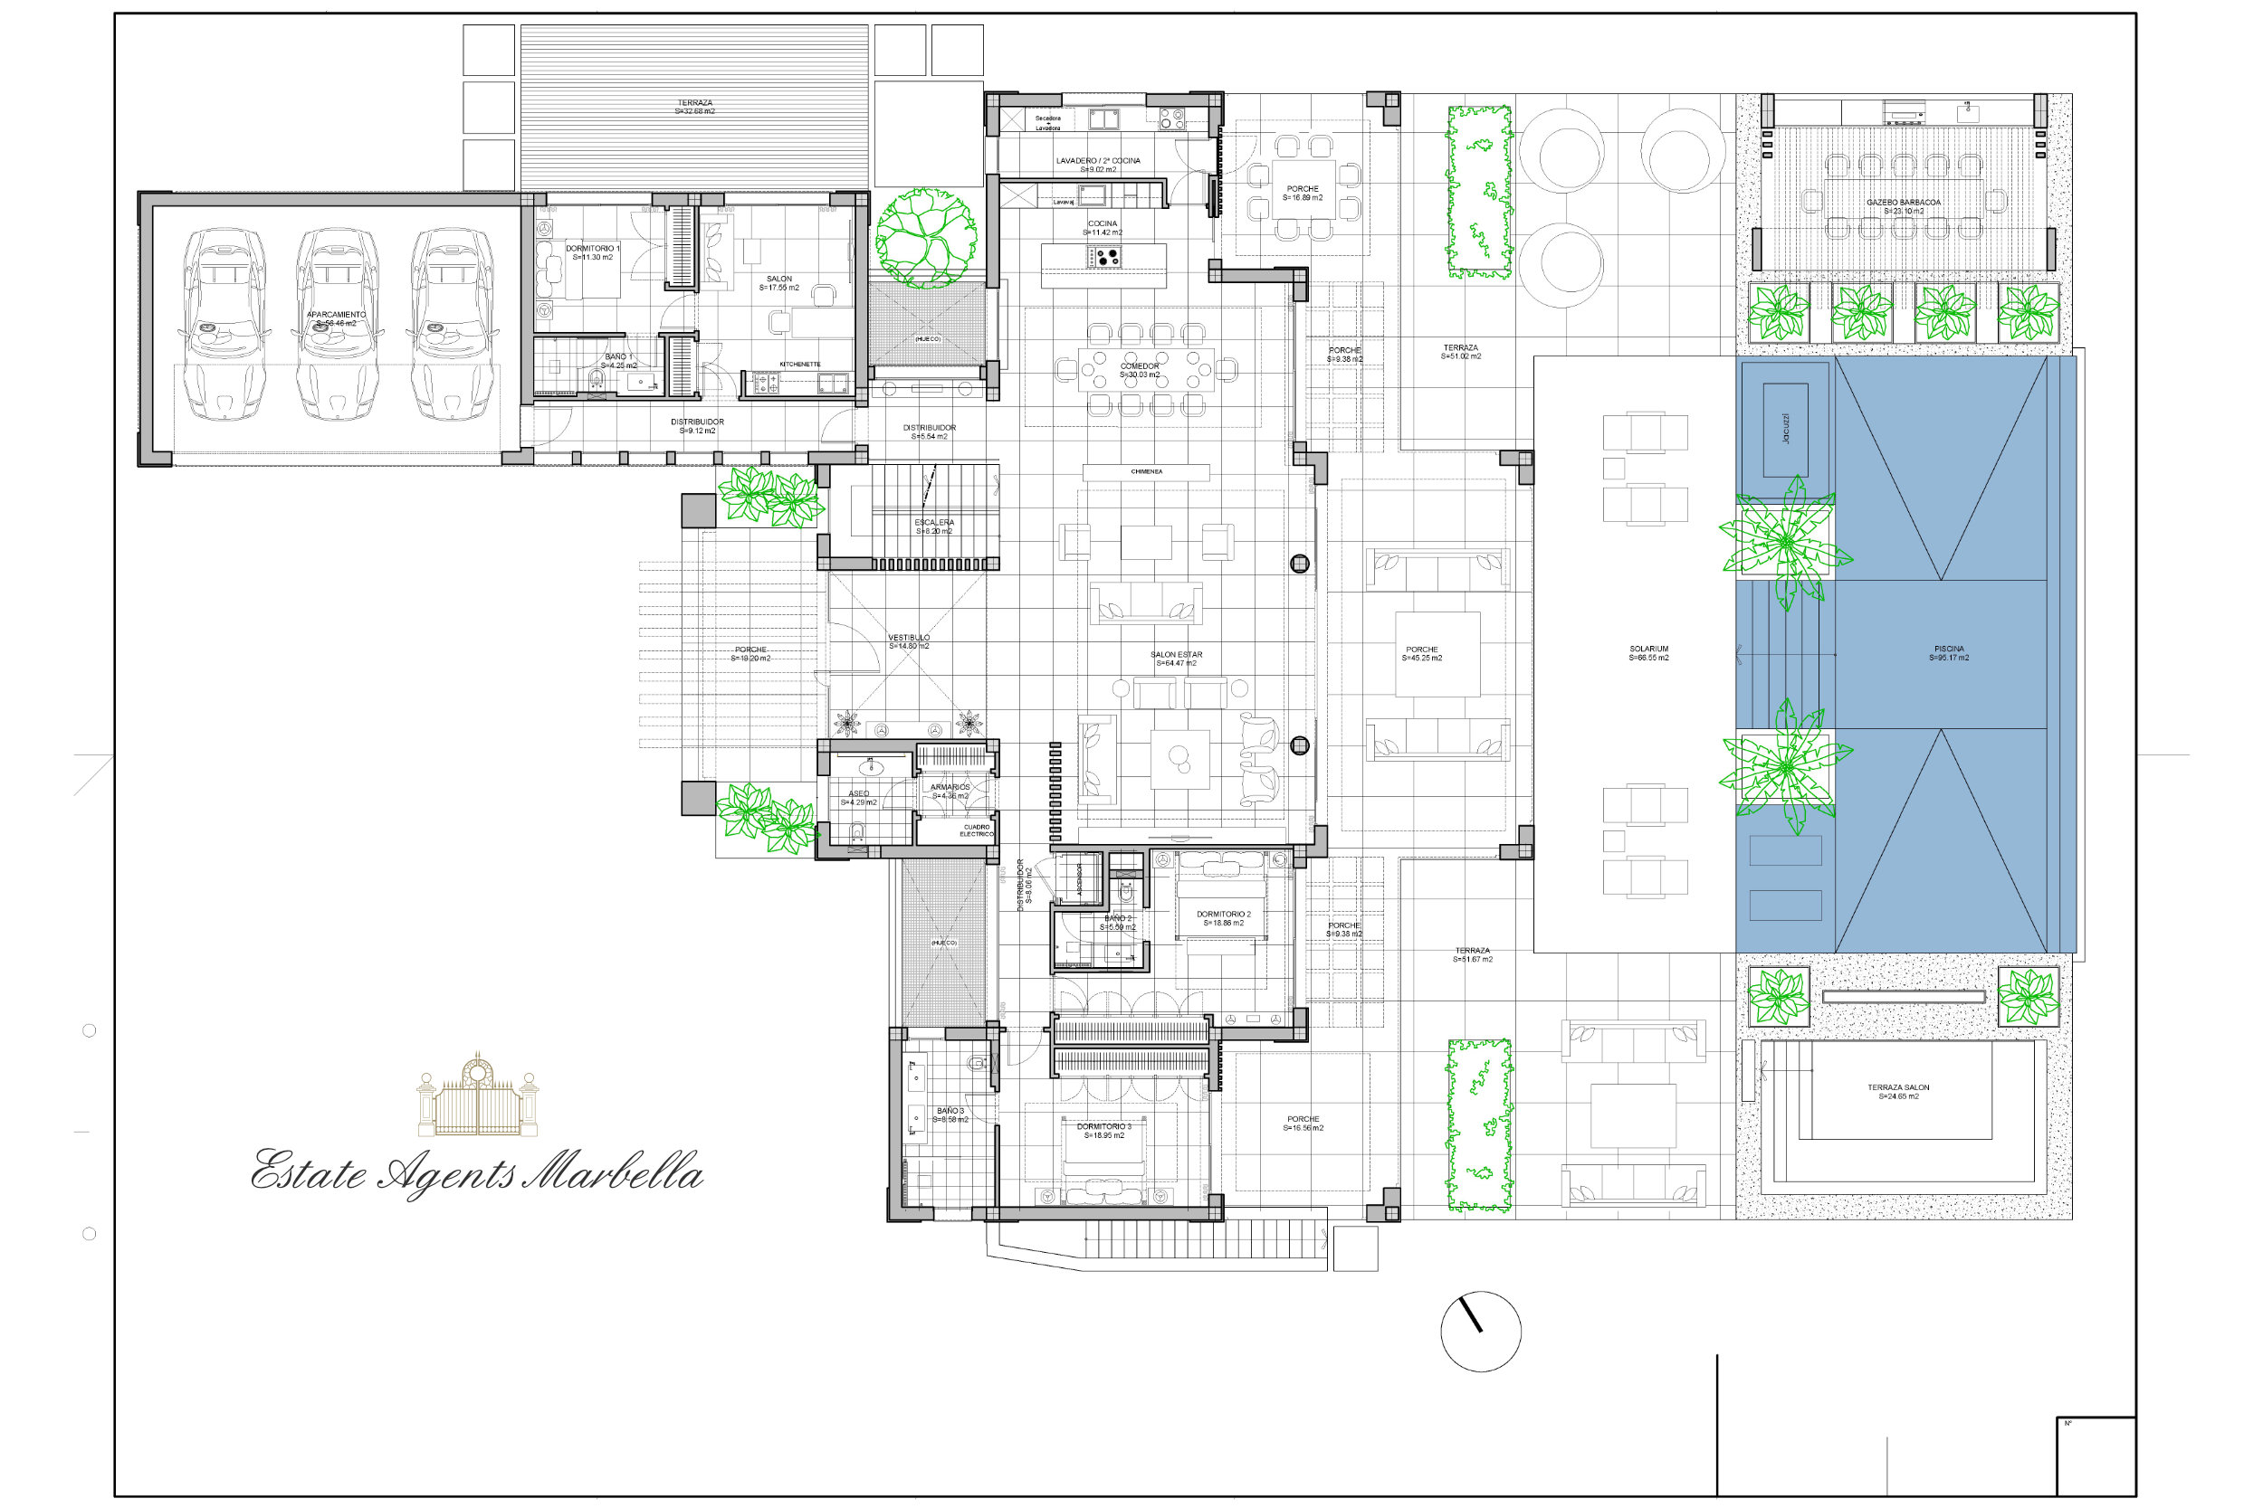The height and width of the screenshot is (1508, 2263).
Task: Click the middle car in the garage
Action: (x=336, y=324)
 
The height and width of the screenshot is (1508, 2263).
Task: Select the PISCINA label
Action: (x=1948, y=654)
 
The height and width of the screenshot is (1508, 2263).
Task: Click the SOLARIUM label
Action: (x=1648, y=654)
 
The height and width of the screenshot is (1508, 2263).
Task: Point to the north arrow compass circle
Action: (x=1481, y=1331)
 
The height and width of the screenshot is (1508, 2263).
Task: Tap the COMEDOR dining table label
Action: (x=1140, y=366)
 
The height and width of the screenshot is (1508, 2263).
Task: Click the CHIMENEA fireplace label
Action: (x=1146, y=472)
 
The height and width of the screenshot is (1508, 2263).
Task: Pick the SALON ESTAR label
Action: (x=1176, y=655)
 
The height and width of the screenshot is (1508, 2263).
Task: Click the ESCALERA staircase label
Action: (x=933, y=523)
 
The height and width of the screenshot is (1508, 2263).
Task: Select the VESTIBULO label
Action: (x=908, y=638)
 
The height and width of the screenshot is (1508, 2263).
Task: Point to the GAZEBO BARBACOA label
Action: (x=1903, y=203)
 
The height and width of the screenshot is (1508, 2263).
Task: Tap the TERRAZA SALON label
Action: (x=1898, y=1087)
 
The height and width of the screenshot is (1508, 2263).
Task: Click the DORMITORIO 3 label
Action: (x=1103, y=1127)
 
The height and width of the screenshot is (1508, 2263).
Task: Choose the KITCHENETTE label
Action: (x=799, y=365)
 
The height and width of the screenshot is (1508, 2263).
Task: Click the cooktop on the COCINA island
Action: (x=1104, y=257)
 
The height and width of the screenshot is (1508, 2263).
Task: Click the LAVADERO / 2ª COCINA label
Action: (x=1098, y=161)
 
